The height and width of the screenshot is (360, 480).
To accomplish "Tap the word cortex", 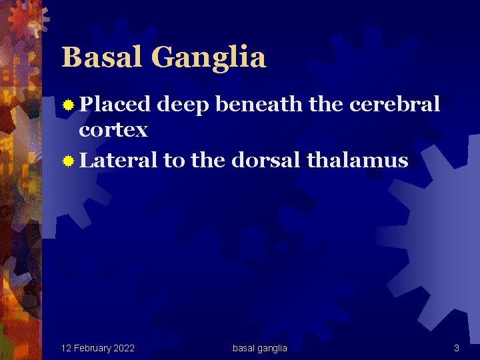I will pyautogui.click(x=113, y=130).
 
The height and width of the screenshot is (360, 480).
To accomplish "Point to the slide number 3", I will pyautogui.click(x=457, y=348).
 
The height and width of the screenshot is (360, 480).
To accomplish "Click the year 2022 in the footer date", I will pyautogui.click(x=123, y=348).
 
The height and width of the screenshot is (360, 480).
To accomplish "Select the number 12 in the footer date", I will pyautogui.click(x=66, y=348).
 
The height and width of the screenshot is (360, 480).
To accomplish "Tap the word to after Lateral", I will pyautogui.click(x=174, y=160).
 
